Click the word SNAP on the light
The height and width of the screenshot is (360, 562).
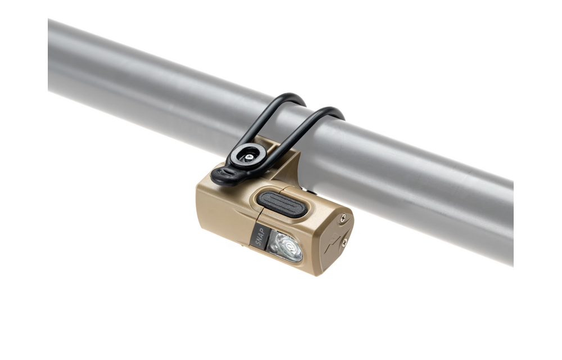tap(260, 237)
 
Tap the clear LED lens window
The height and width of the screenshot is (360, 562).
tap(285, 246)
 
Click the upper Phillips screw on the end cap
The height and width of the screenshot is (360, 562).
tap(343, 217)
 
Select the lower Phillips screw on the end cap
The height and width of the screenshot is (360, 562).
tap(345, 243)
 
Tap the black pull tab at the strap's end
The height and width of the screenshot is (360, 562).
tap(224, 174)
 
